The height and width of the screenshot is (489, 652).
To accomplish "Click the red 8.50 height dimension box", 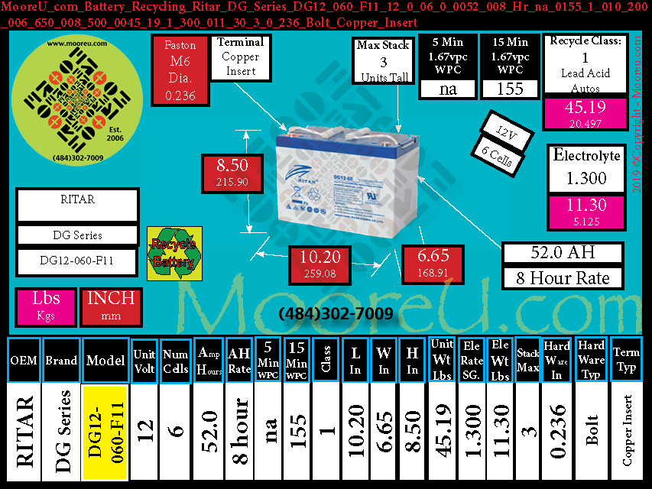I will point(232,173).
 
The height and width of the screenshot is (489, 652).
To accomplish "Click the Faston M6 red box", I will point(180,71).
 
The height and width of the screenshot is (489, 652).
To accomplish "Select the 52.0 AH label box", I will point(563,253).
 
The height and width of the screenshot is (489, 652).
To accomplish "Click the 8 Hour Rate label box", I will point(563,278).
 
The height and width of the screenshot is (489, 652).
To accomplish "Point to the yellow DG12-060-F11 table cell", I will point(105,433).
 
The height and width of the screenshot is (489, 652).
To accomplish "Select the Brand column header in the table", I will point(60,359).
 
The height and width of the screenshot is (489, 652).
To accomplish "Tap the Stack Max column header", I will point(527,359).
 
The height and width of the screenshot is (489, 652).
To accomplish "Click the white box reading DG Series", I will point(76,235).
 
